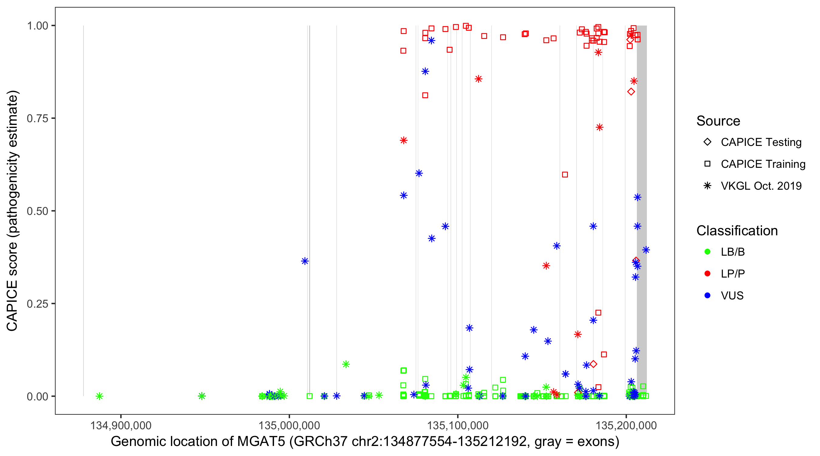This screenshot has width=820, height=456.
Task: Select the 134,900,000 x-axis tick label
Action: [x=121, y=425]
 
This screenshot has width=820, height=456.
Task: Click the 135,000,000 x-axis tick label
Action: [x=289, y=425]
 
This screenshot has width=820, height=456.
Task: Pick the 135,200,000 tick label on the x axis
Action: [x=626, y=425]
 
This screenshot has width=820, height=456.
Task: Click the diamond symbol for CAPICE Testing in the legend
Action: [x=707, y=142]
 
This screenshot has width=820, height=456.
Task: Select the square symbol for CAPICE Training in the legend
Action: [x=707, y=164]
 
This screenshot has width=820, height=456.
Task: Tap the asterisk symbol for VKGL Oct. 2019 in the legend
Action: [x=707, y=186]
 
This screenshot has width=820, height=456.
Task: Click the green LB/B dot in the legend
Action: [x=707, y=252]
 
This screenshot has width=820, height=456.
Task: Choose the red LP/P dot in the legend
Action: [x=707, y=274]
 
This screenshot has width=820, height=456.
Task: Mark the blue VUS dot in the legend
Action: [x=707, y=295]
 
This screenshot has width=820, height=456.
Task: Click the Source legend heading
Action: [x=718, y=121]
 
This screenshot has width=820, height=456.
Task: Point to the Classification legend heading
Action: [x=737, y=231]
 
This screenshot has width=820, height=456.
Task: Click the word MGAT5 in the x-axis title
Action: [x=261, y=442]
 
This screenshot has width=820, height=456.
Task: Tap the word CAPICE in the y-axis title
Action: [x=12, y=306]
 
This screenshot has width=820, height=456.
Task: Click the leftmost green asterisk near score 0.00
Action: [x=99, y=396]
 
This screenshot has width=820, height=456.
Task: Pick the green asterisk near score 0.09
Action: [x=346, y=364]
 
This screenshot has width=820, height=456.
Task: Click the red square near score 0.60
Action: [x=565, y=174]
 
